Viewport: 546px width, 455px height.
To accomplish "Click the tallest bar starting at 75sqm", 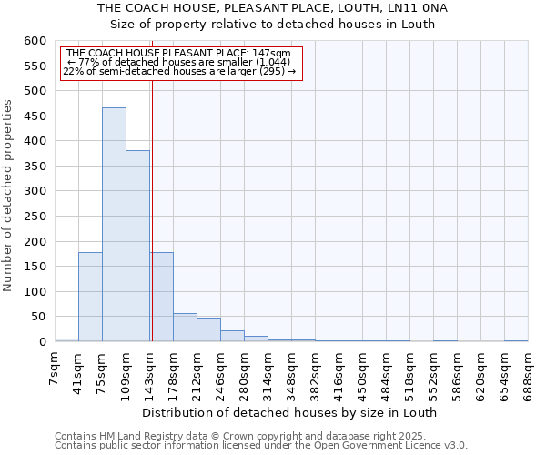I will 114,225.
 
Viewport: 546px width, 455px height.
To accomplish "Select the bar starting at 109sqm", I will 137,246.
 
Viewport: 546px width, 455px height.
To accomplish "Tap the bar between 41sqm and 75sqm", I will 90,297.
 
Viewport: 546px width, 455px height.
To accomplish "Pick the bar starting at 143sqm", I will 162,297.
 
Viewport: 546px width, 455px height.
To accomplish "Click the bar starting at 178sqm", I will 185,328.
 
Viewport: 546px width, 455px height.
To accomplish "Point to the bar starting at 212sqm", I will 208,329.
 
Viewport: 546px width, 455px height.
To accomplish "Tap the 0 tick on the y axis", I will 42,342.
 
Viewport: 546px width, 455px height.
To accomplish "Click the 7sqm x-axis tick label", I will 56,369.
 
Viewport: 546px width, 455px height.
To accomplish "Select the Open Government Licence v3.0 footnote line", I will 261,446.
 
